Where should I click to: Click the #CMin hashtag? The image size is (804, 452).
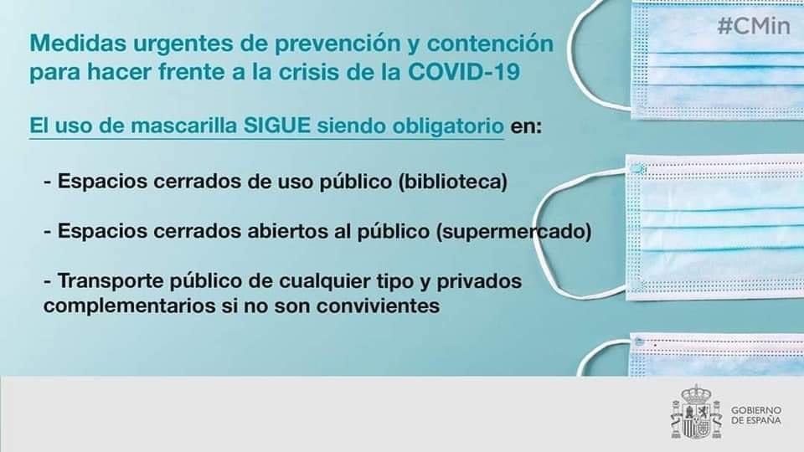coord(754,26)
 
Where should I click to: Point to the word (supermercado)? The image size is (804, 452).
coord(515,230)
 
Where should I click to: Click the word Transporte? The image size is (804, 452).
coord(106,280)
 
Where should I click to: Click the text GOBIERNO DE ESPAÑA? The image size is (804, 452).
coord(756,415)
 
